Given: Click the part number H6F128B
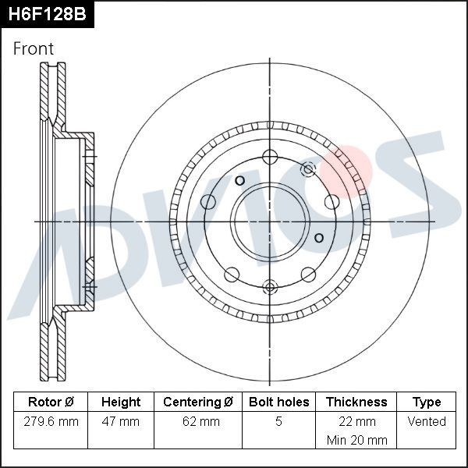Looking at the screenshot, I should coord(47,14).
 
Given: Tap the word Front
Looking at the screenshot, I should coord(34,48).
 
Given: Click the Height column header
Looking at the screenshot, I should coord(121,402).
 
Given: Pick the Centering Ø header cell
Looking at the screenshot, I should coord(198,402).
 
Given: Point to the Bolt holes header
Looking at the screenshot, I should coord(278,402).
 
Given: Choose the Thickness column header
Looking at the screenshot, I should coord(356,402).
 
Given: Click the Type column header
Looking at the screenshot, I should coord(426,402).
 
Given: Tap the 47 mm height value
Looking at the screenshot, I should coord(121,421).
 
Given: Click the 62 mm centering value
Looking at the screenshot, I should coord(198,421).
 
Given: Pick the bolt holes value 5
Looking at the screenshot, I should coord(278,421).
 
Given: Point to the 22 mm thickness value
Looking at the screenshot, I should coord(356,421).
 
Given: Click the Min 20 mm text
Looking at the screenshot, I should coord(356,440).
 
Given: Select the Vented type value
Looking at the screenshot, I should coord(426,421).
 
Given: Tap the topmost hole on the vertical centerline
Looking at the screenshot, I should coord(270,155).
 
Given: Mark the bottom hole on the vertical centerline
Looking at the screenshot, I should coord(270,286).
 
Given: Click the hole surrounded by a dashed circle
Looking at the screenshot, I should coord(308,168).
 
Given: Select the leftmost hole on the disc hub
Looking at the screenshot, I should coord(208,203).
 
